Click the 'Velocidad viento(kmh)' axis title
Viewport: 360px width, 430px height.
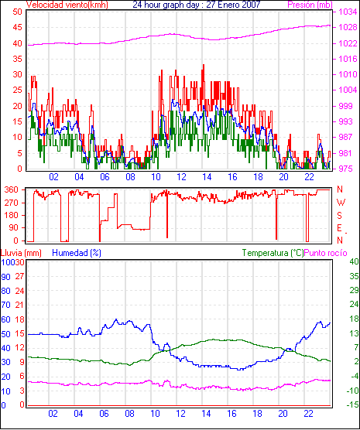(67, 5)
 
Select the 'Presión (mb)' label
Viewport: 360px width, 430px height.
(310, 5)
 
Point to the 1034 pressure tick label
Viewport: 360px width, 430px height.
(348, 12)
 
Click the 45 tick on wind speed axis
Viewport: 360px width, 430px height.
(17, 27)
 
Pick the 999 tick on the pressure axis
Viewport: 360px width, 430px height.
(345, 106)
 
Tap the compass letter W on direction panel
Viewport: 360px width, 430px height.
(341, 203)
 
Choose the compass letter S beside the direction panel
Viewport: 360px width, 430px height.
(339, 216)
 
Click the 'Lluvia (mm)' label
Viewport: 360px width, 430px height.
(21, 253)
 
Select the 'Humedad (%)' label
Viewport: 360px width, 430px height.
(77, 253)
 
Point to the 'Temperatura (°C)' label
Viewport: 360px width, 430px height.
(273, 253)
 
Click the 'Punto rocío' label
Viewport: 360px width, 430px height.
(326, 253)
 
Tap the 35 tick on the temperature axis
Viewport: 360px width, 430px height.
(354, 276)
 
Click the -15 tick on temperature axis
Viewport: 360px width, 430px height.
(353, 404)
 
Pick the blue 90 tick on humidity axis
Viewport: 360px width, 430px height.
(5, 277)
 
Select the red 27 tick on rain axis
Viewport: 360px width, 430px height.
(19, 276)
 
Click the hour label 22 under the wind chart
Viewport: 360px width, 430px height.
(309, 177)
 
